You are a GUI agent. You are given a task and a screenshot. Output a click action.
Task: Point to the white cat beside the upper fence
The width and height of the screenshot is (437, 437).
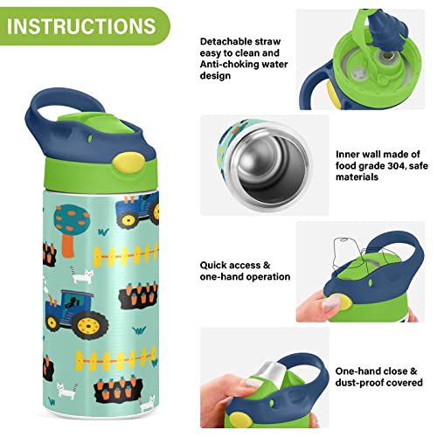point(83,277)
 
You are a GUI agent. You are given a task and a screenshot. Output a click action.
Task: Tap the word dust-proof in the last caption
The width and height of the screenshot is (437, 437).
point(360,383)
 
